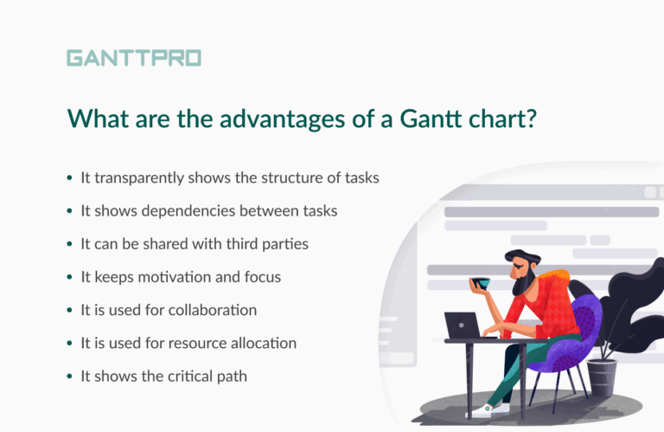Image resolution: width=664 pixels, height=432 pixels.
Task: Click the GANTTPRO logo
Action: click(133, 58)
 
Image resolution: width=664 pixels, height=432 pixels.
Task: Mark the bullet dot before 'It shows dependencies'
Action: click(70, 211)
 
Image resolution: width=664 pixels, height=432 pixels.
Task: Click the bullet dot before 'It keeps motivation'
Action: click(70, 278)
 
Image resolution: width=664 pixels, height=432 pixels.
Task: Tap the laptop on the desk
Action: click(463, 326)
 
